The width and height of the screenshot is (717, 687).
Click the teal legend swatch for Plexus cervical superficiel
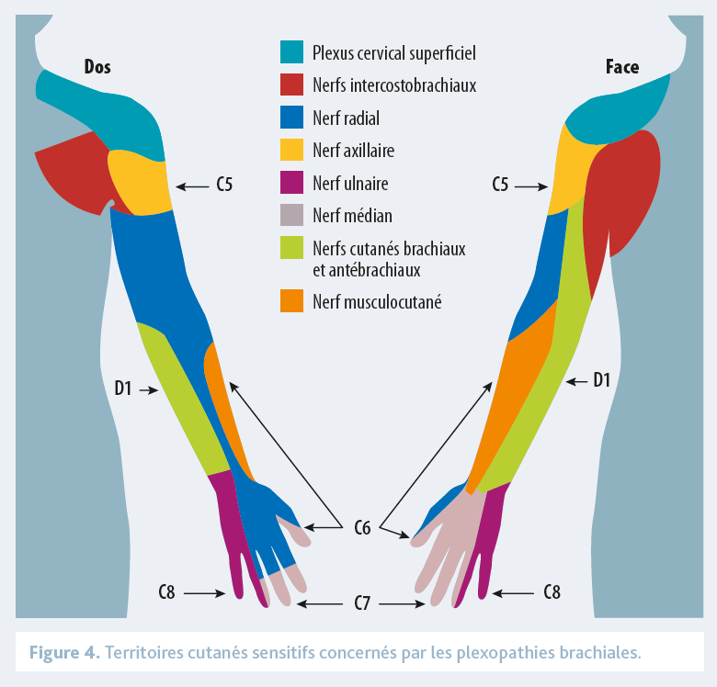pos(291,52)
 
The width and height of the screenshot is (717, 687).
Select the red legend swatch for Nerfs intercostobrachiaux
pos(291,85)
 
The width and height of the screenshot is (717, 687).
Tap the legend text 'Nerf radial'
pos(346,118)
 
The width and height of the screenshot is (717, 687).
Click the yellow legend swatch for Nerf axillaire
pos(291,151)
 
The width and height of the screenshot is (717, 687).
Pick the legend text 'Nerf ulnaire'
pos(349,184)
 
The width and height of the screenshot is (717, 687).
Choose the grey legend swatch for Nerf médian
pos(291,216)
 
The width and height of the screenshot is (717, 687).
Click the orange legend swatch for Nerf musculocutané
pos(291,301)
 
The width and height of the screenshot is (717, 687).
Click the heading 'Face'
pos(622,66)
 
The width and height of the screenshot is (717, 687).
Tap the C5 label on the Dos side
pos(224,186)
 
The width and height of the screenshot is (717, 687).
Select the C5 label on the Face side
pos(500,186)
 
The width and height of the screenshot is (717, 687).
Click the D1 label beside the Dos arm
pos(123,389)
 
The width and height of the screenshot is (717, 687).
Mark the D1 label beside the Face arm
pos(602,379)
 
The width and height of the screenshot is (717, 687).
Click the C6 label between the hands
pos(362,528)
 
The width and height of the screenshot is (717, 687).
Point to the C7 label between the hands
pos(362,603)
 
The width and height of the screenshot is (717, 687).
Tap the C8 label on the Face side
pos(552,592)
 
